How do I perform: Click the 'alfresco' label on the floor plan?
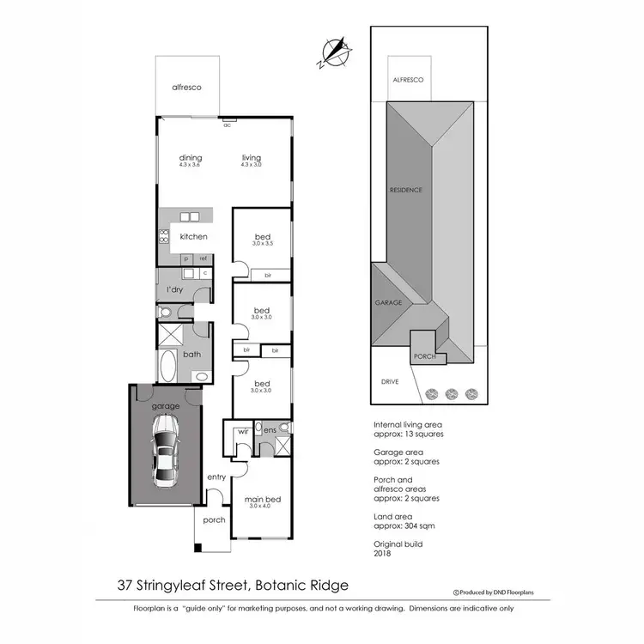point(186,88)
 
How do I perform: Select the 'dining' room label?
point(190,158)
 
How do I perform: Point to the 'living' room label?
point(251,158)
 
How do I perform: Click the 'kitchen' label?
point(193,236)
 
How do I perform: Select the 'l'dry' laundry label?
point(174,290)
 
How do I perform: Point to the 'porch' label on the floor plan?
point(213,519)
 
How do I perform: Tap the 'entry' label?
point(216,477)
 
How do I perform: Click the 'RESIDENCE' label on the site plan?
point(406,190)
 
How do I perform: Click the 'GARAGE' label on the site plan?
point(389,303)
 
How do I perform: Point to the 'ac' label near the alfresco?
point(228,125)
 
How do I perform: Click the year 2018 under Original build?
point(384,553)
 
